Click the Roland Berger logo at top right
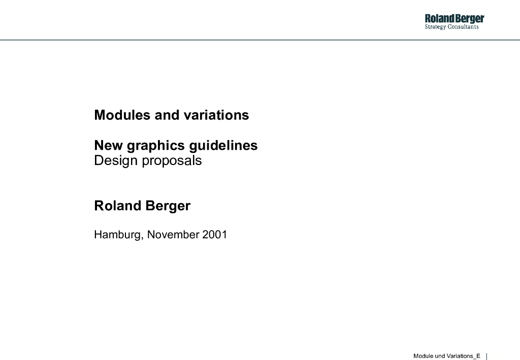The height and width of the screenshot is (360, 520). (454, 19)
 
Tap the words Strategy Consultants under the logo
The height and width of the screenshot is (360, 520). (451, 27)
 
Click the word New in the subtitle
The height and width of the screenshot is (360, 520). (108, 146)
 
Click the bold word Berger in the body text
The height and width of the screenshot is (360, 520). (168, 206)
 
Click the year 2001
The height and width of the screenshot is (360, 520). (214, 235)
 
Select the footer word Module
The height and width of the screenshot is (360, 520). (422, 356)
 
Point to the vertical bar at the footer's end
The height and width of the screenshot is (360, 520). (486, 356)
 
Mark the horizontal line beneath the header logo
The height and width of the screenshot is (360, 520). (260, 40)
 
